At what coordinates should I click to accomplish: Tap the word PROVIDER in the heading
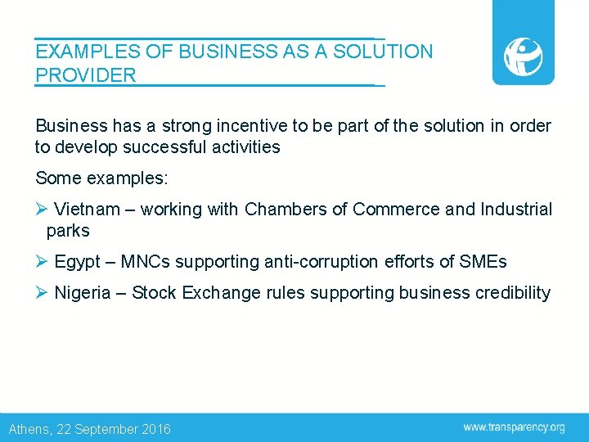point(86,76)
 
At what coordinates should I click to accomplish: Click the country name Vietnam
point(87,210)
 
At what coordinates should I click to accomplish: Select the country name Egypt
point(78,262)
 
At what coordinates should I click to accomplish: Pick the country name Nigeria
point(82,292)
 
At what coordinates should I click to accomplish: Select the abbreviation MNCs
point(145,262)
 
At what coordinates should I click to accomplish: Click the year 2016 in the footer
point(156,429)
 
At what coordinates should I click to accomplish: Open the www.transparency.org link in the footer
point(514,427)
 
